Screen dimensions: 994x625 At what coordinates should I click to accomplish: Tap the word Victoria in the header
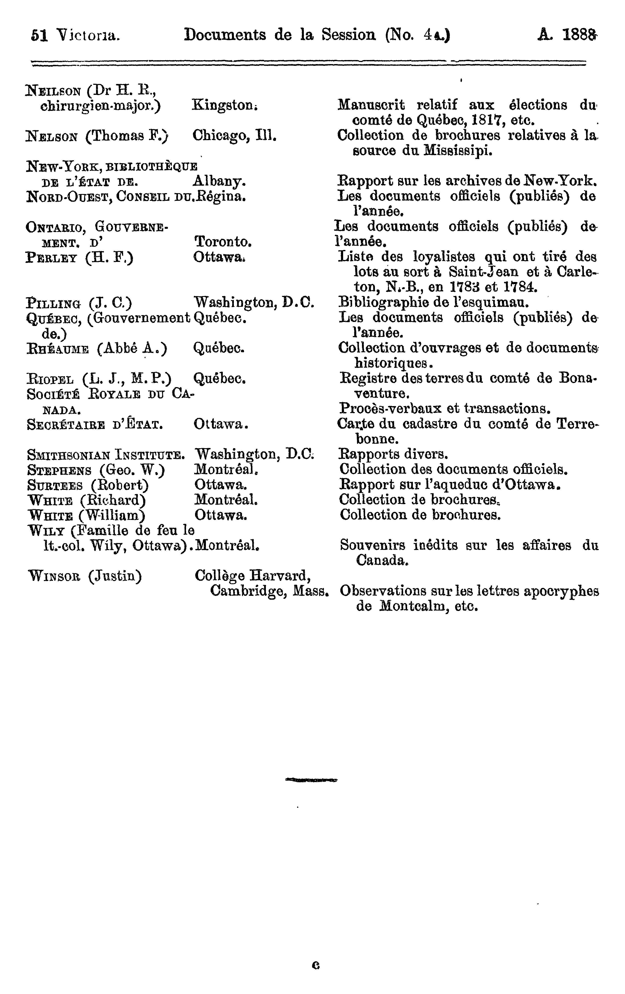(88, 35)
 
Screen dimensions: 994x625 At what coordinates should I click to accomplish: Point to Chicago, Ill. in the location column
(234, 135)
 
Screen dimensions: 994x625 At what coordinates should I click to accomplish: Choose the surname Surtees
(55, 485)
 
